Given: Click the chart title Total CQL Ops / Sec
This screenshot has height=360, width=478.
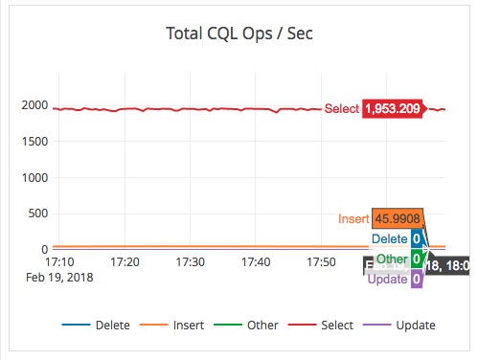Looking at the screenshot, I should [x=239, y=35].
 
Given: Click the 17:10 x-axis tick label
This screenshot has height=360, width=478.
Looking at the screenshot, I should [x=59, y=261].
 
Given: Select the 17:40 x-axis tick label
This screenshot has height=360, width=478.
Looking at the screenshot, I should [x=256, y=261].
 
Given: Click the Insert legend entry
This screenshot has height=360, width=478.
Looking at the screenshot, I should [x=179, y=326].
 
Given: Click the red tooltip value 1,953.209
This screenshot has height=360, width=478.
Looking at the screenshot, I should [x=392, y=109].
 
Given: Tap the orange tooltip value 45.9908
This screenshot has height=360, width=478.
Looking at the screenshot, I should [x=398, y=219].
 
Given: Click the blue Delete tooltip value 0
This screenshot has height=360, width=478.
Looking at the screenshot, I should [x=417, y=239].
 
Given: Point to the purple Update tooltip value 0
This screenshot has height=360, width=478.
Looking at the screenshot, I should [x=417, y=279].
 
